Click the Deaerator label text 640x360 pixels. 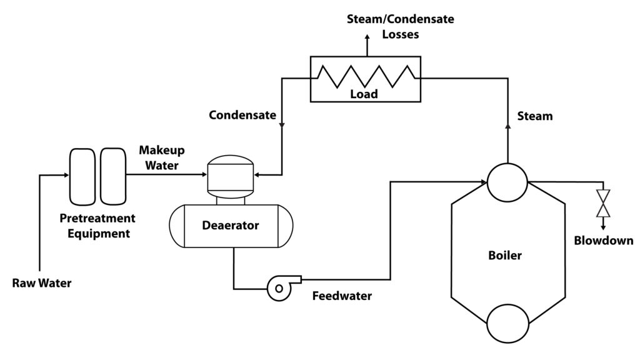(230, 226)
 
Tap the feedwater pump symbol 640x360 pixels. (278, 287)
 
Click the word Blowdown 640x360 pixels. (604, 241)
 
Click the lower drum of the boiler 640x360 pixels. (507, 322)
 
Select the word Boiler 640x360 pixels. (505, 256)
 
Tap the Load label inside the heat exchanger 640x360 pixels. (364, 94)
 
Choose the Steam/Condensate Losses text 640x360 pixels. (401, 26)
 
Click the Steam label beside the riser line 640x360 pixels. (536, 116)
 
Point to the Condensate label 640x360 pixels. (242, 115)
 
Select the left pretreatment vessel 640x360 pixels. (82, 176)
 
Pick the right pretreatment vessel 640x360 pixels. (113, 176)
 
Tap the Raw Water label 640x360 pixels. (42, 283)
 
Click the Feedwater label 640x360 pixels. (342, 296)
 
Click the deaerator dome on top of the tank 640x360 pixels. (231, 176)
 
